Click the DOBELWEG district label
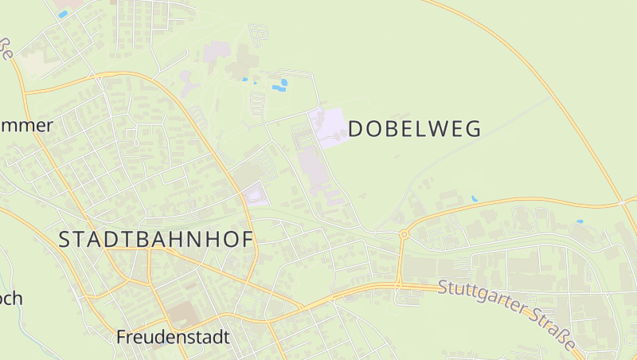[x=415, y=129]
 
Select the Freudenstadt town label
[x=173, y=337]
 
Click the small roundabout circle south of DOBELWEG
[x=404, y=234]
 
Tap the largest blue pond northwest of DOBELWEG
[x=279, y=84]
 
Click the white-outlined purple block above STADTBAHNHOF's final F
[x=255, y=194]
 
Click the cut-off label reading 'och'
[x=11, y=299]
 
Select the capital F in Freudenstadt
[x=122, y=337]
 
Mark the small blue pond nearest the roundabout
[x=475, y=198]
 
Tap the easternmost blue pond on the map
[x=580, y=221]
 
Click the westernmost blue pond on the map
[x=62, y=14]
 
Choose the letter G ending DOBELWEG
[x=474, y=129]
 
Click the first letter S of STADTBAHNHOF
[x=65, y=240]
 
